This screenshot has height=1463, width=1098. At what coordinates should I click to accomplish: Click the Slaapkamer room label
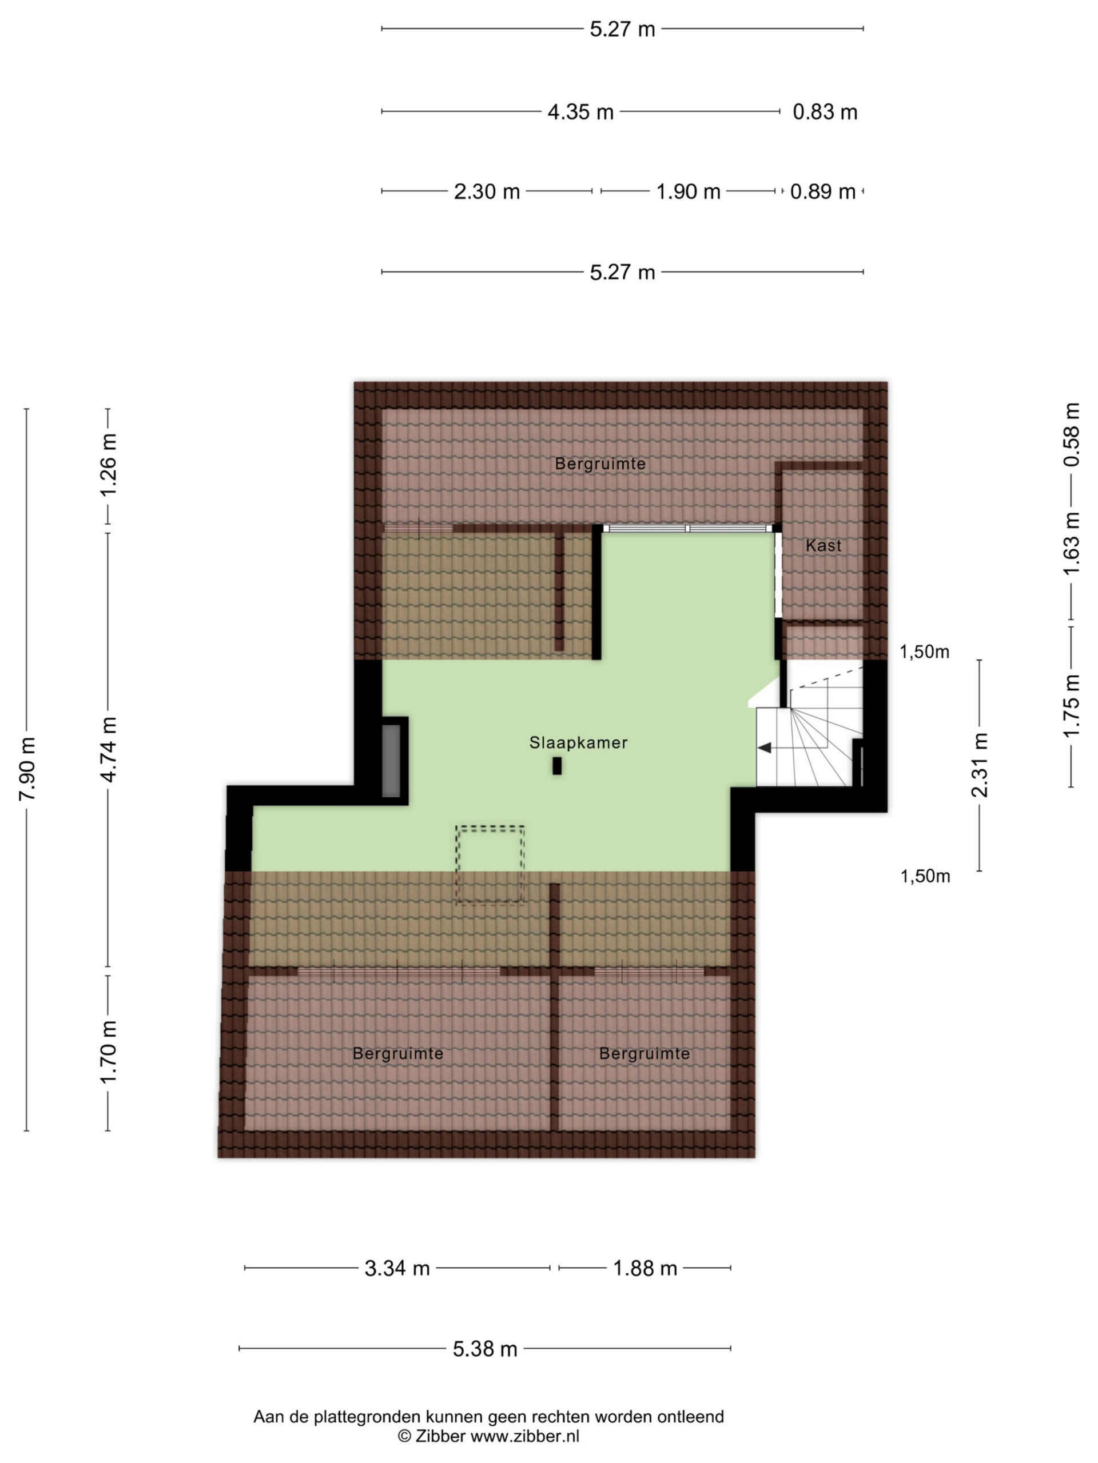click(578, 743)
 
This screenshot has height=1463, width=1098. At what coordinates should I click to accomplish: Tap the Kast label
click(823, 546)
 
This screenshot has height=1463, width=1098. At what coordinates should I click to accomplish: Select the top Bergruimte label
click(600, 463)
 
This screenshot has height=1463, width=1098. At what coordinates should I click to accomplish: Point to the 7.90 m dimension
click(27, 769)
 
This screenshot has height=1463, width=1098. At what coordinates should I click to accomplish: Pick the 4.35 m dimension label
click(580, 113)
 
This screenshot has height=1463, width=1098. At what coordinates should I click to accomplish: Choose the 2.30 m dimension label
click(487, 192)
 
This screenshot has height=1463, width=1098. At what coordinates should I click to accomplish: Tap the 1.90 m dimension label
click(687, 192)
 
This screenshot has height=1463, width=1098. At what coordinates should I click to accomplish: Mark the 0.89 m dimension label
click(823, 192)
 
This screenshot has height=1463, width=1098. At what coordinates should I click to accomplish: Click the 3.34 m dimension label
click(397, 1269)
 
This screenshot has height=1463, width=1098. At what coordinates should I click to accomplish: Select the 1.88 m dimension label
click(645, 1269)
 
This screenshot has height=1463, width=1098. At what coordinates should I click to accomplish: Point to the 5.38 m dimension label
click(484, 1349)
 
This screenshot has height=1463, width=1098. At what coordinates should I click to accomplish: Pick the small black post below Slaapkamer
click(557, 766)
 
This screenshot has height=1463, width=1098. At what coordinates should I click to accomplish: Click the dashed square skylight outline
click(490, 827)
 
